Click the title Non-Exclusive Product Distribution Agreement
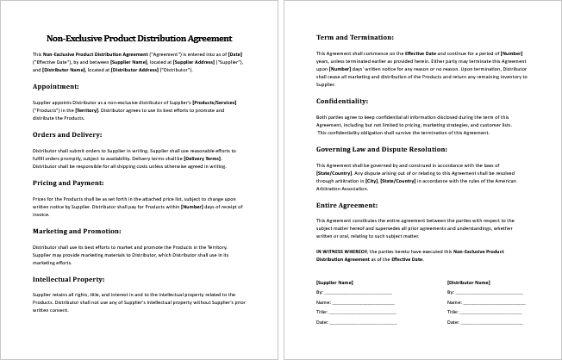coord(138,38)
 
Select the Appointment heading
coord(56,87)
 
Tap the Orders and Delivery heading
coord(67,135)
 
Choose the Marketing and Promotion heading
coord(76,232)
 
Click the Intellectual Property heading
coord(69,280)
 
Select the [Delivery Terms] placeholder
coord(202,158)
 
